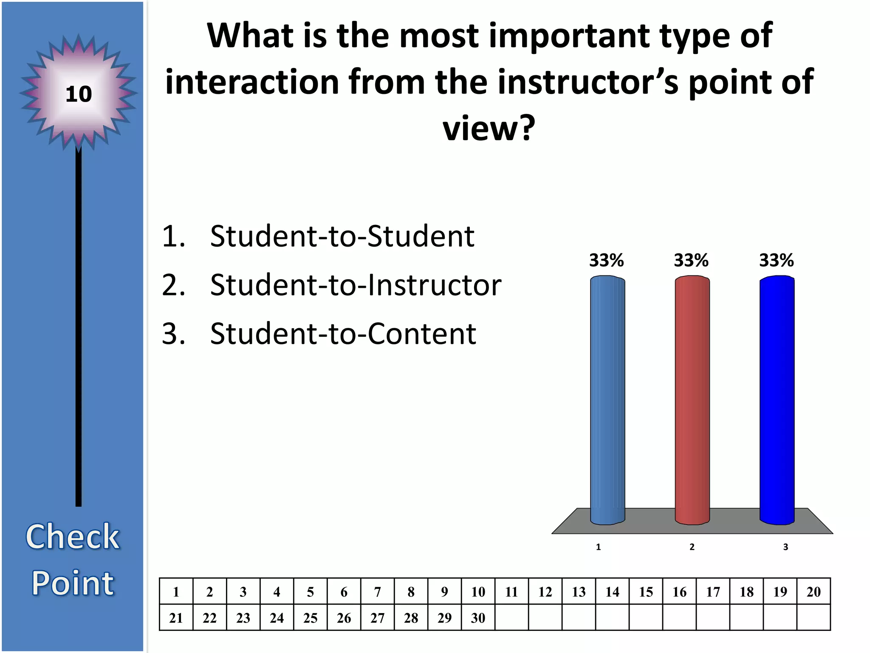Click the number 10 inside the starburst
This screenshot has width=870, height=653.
79,94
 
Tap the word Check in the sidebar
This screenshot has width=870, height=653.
73,537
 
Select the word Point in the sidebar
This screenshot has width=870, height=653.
73,583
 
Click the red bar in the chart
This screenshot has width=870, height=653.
692,400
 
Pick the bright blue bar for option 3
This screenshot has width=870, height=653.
777,400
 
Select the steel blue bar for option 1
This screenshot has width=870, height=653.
607,400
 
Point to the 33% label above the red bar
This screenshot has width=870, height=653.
691,260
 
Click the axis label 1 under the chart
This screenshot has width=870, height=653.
598,547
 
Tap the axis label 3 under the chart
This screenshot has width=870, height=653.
785,547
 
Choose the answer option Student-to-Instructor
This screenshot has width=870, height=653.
356,285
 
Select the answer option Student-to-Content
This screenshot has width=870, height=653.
343,334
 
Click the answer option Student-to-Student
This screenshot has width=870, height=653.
342,236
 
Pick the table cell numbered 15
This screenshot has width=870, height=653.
646,592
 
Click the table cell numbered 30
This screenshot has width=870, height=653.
478,618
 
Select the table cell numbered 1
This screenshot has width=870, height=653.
176,592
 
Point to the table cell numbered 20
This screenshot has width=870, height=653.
814,592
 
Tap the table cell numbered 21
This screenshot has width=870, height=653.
176,618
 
